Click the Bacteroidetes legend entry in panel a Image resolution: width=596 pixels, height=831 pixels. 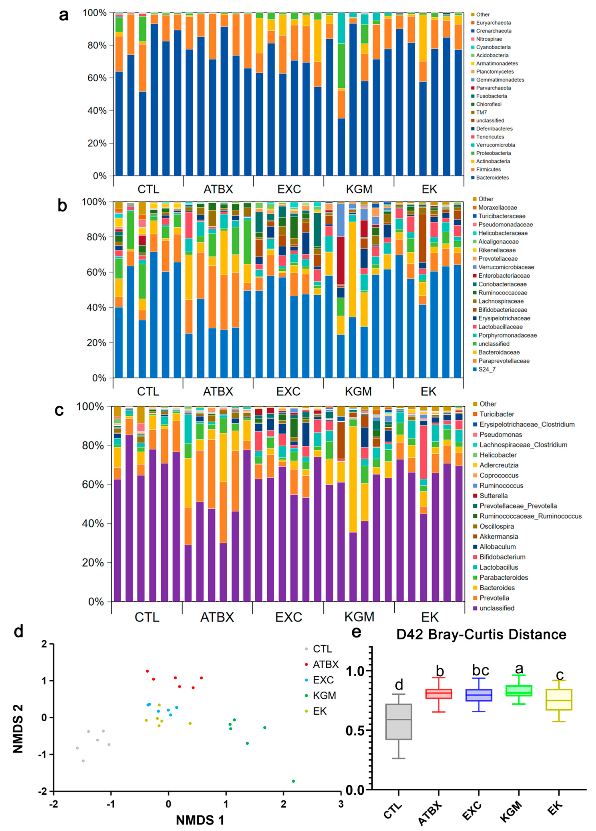coord(492,178)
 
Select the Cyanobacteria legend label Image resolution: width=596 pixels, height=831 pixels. coord(493,47)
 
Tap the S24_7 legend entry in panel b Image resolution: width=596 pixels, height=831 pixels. coord(487,369)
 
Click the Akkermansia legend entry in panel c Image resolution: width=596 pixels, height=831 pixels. coord(498,536)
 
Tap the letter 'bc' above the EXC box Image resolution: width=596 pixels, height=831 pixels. coord(480,670)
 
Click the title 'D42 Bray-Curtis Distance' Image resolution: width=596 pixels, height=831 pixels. coord(481,634)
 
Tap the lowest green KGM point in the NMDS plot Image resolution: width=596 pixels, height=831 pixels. coord(293,781)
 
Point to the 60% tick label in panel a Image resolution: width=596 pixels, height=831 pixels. coord(95,78)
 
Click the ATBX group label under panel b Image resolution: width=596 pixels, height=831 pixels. coord(218,391)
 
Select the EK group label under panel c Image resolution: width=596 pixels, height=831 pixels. coord(430,617)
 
